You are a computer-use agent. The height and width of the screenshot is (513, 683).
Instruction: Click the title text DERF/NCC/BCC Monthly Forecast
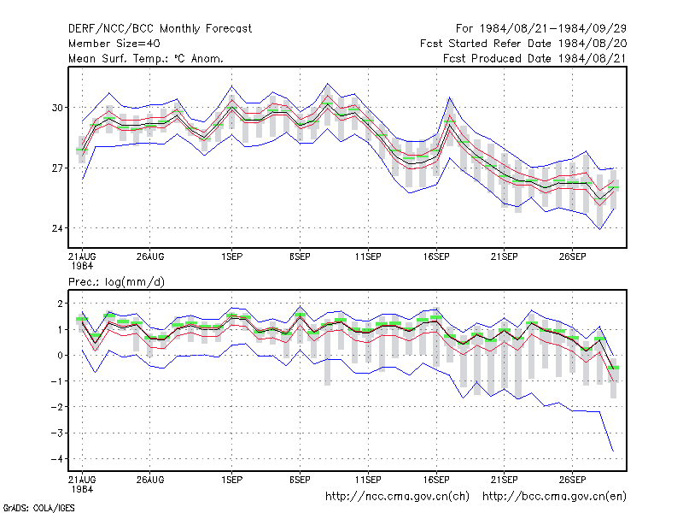[160, 29]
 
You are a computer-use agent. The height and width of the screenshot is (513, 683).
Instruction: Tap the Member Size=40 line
[114, 44]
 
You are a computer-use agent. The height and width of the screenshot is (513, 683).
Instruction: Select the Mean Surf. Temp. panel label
[146, 58]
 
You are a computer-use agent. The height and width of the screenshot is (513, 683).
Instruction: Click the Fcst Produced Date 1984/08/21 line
[534, 58]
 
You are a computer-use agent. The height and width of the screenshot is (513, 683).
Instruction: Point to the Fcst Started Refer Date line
[523, 44]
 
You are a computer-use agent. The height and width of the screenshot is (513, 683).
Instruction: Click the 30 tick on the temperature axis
[57, 108]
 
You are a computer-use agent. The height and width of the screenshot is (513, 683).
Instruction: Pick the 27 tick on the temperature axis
[57, 168]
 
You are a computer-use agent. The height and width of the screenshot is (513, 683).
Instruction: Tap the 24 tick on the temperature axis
[57, 228]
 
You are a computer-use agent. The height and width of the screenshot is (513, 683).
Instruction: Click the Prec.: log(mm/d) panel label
[116, 282]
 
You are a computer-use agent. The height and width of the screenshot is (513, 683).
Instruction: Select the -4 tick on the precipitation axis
[56, 459]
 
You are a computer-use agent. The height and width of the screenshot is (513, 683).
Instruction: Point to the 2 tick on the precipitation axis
[60, 304]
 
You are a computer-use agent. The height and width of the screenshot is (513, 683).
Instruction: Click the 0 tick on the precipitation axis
[60, 356]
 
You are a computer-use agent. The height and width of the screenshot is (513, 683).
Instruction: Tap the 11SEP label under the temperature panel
[368, 256]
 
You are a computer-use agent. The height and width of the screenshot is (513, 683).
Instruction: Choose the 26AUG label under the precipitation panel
[150, 480]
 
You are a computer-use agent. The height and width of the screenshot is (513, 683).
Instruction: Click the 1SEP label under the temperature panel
[231, 256]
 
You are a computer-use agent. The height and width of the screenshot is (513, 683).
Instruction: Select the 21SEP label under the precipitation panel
[505, 480]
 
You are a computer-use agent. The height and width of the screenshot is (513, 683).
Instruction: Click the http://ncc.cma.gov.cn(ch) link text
[397, 497]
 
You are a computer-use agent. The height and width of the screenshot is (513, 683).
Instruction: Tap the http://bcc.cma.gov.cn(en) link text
[554, 497]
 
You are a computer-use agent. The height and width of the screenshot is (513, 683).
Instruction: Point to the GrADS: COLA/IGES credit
[38, 508]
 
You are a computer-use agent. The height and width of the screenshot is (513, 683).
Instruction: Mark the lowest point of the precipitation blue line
[613, 451]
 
